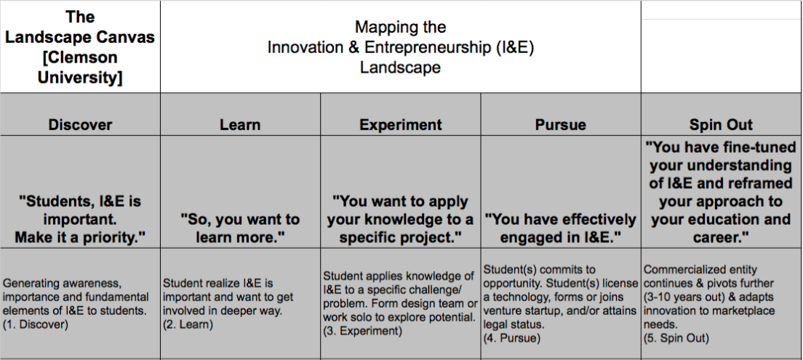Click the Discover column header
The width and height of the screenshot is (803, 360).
[80, 125]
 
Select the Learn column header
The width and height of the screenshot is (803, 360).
[240, 125]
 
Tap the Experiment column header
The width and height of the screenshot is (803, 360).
[401, 125]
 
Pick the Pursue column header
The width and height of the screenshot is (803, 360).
[561, 125]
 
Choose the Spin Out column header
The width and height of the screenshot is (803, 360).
[721, 125]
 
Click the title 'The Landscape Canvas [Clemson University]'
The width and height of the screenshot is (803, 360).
[80, 47]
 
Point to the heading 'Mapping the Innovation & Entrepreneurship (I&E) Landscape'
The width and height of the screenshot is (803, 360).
[401, 47]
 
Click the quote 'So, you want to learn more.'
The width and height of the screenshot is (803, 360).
[240, 228]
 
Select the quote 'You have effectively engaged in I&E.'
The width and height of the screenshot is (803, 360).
[561, 228]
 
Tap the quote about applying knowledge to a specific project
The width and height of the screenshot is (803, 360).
[401, 219]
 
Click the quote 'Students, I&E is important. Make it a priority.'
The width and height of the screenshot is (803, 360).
[80, 219]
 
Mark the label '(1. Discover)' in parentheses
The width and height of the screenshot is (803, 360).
[36, 324]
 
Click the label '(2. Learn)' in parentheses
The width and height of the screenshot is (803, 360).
[188, 324]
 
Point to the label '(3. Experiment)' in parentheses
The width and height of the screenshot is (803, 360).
[362, 331]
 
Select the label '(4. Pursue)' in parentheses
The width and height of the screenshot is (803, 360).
[512, 338]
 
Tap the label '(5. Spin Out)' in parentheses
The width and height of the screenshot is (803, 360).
[676, 338]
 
